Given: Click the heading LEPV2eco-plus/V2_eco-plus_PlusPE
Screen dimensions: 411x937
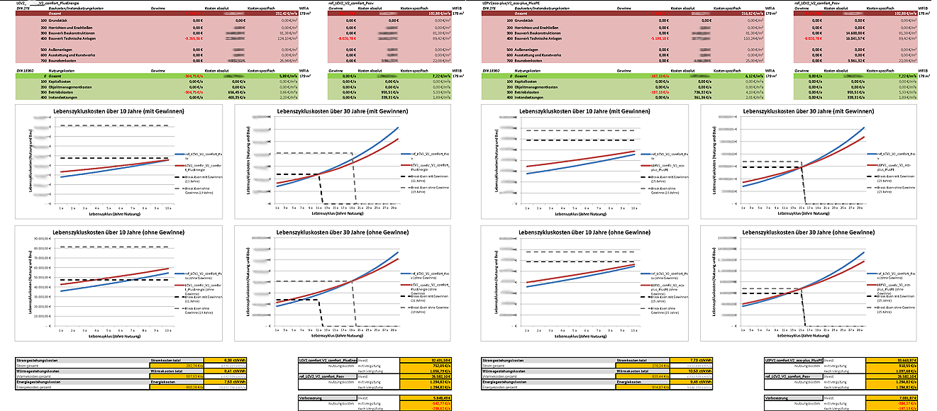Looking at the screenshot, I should coord(511,3).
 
